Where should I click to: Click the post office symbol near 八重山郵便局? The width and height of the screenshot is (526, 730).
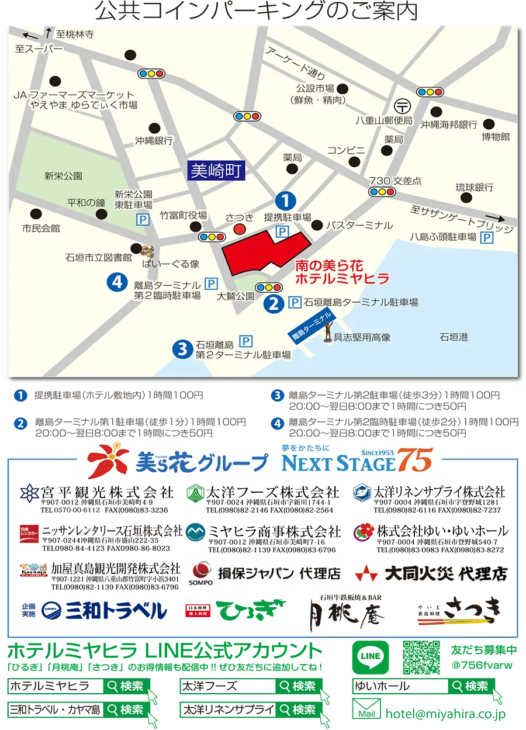(x=403, y=106)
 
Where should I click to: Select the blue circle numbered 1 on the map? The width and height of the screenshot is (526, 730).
(x=285, y=201)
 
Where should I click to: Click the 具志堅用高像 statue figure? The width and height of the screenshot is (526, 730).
(x=328, y=331)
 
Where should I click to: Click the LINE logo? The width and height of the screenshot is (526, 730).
(x=371, y=656)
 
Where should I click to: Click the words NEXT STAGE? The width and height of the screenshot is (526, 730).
(x=338, y=464)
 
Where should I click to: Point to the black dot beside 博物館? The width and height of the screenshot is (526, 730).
(x=489, y=124)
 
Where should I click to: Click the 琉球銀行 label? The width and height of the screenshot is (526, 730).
(x=474, y=188)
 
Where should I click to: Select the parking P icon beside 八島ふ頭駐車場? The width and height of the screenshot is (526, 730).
(x=486, y=237)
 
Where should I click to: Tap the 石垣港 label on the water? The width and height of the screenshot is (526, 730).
(x=454, y=337)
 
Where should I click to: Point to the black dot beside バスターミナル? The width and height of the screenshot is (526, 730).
(x=317, y=225)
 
